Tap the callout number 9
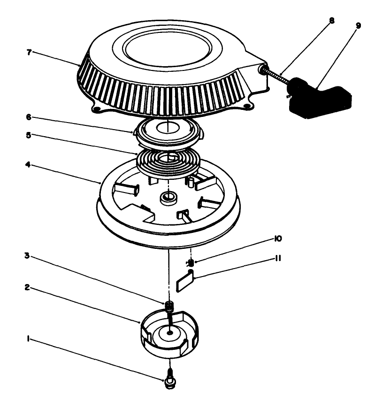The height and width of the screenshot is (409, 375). pos(358,26)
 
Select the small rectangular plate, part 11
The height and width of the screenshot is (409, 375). pos(184,283)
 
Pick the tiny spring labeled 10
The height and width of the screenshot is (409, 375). pos(191,263)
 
